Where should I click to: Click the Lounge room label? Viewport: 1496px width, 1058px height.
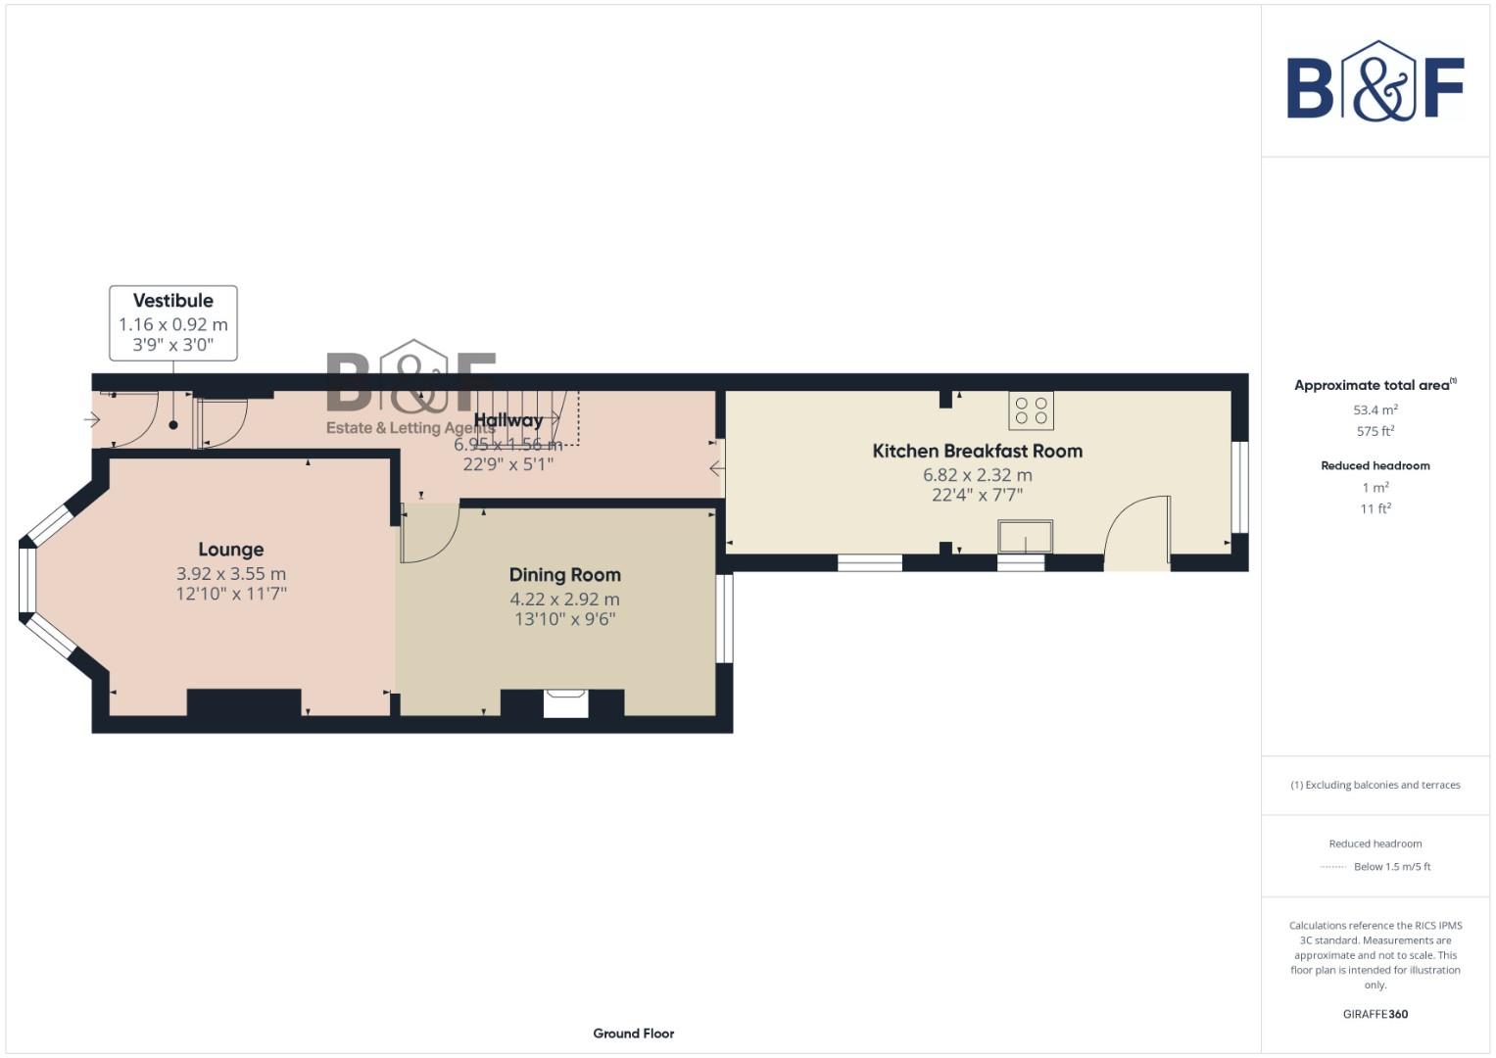point(230,550)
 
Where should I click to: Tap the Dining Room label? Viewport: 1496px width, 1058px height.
point(564,575)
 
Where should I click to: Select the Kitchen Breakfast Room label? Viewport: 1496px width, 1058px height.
point(977,451)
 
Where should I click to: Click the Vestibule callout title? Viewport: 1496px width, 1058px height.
point(173,301)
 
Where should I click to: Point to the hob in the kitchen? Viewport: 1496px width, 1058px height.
point(1031,410)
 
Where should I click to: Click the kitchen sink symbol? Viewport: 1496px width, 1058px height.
point(1025,537)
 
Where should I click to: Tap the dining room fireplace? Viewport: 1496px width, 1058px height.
point(565,702)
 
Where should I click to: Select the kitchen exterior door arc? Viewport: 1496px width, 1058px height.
point(1136,529)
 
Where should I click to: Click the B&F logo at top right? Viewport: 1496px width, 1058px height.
point(1375,82)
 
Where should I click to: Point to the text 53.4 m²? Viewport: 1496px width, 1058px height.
point(1375,410)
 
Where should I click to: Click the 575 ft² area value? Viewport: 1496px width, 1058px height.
point(1375,431)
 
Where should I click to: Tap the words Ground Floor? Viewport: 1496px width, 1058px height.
point(633,1034)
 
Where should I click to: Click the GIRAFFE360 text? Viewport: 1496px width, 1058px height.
point(1375,1014)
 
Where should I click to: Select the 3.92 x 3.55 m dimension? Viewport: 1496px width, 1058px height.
point(230,574)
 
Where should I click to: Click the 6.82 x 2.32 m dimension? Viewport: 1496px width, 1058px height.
point(977,475)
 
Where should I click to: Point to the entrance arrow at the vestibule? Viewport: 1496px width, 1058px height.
point(92,420)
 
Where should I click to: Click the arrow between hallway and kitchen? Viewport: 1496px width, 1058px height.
point(717,468)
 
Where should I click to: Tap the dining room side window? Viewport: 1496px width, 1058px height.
point(725,618)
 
